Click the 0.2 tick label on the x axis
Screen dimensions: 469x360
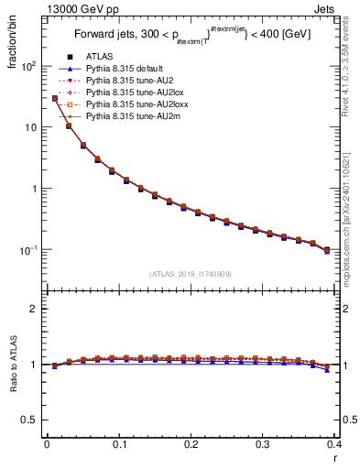[x=191, y=444]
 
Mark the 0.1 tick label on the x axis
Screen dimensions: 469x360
[x=118, y=444]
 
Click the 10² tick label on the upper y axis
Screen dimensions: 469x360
[x=28, y=67]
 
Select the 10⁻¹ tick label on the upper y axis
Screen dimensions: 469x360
[x=28, y=250]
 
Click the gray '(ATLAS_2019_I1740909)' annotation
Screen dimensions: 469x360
[x=191, y=274]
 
